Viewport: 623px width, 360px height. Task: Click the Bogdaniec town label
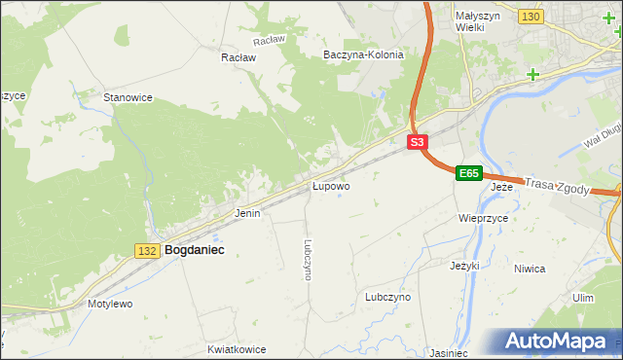195,250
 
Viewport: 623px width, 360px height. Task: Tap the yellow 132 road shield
147,251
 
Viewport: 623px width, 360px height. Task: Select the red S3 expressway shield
417,142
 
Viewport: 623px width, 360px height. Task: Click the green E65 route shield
468,173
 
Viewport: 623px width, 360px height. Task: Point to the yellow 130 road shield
531,18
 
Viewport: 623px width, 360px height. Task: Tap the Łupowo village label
331,185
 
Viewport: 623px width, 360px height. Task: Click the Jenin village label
247,212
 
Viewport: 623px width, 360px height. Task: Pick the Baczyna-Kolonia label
363,55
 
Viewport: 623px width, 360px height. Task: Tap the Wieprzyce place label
484,219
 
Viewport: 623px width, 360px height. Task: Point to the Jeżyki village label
466,265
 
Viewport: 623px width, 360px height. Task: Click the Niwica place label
556,269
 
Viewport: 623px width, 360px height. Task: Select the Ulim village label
583,298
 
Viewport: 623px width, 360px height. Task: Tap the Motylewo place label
110,304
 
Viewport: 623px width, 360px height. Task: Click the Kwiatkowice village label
237,347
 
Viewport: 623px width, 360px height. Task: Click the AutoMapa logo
558,342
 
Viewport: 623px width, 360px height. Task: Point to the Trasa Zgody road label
557,186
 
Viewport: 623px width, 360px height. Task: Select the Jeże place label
501,186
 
